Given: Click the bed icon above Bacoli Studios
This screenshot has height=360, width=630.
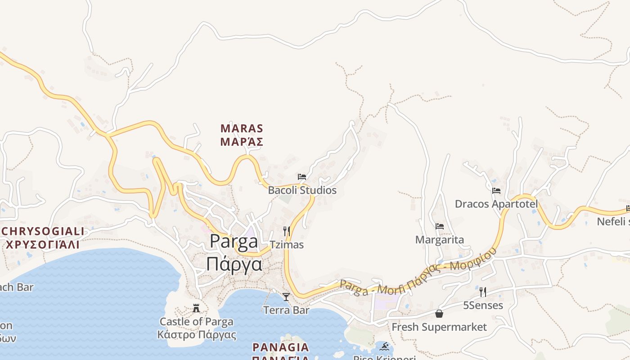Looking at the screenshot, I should click(301, 177).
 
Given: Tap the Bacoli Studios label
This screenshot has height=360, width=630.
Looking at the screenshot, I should click(302, 190).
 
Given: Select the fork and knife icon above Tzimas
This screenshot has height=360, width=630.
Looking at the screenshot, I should click(286, 231).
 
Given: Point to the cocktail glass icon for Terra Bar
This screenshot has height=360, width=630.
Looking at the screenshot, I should click(286, 297).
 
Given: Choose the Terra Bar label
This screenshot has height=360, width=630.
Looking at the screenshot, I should click(286, 310).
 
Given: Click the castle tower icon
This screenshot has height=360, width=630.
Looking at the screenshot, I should click(196, 308).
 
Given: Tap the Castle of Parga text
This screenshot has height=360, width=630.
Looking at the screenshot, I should click(197, 322).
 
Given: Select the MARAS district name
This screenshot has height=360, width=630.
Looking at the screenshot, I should click(242, 129).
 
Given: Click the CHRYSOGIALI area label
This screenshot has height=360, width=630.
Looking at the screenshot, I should click(43, 231).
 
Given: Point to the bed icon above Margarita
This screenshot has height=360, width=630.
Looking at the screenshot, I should click(439, 226).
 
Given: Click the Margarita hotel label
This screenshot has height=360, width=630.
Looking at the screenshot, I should click(439, 240).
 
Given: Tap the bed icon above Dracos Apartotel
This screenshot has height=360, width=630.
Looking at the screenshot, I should click(496, 191).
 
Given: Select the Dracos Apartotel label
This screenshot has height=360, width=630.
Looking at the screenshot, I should click(496, 204).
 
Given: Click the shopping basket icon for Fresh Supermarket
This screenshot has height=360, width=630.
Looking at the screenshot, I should click(439, 314).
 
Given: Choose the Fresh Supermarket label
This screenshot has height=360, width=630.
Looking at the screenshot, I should click(439, 327).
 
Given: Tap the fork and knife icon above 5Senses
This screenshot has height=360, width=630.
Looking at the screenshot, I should click(483, 292).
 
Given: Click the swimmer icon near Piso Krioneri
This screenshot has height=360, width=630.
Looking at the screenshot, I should click(384, 346).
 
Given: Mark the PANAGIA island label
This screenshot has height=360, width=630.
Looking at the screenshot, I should click(281, 347).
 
